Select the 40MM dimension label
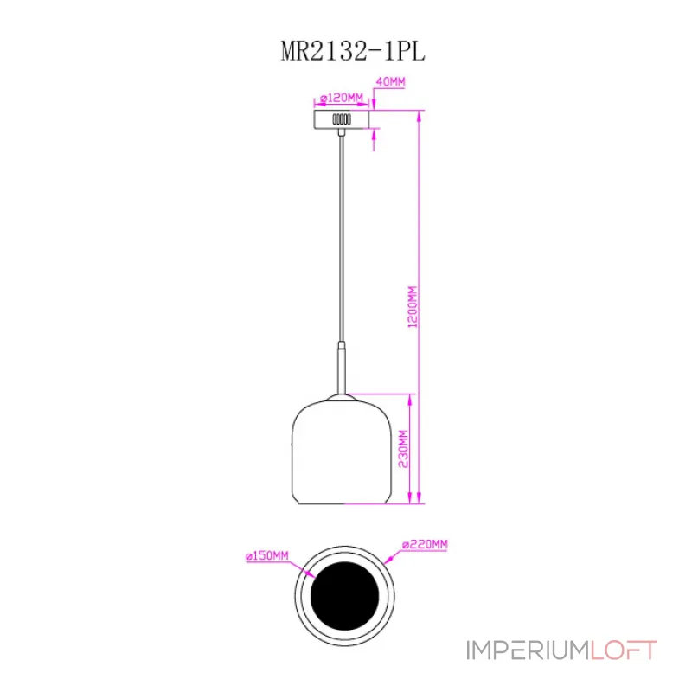tap(388, 82)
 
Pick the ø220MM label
tap(425, 544)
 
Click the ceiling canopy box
tap(343, 118)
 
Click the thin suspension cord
tap(343, 234)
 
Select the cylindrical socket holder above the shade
tap(343, 368)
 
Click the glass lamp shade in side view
tap(343, 450)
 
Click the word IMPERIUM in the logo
tap(528, 650)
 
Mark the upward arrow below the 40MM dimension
tap(375, 134)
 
